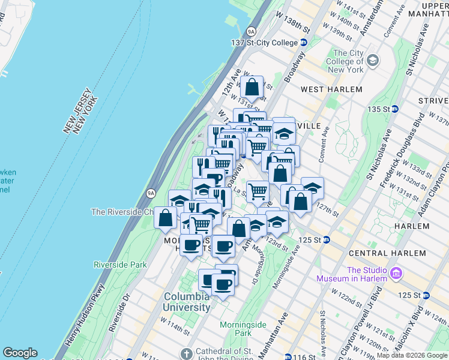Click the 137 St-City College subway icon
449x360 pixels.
[x=304, y=43]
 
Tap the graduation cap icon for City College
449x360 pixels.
[x=373, y=60]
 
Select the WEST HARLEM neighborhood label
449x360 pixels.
[x=331, y=89]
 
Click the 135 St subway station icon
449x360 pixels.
[x=395, y=109]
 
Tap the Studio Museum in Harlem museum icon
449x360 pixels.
[x=396, y=274]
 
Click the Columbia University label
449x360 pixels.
[x=187, y=302]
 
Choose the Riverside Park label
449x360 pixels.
[x=120, y=265]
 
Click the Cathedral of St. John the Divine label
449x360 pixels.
[x=228, y=354]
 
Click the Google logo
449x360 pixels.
[x=20, y=353]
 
